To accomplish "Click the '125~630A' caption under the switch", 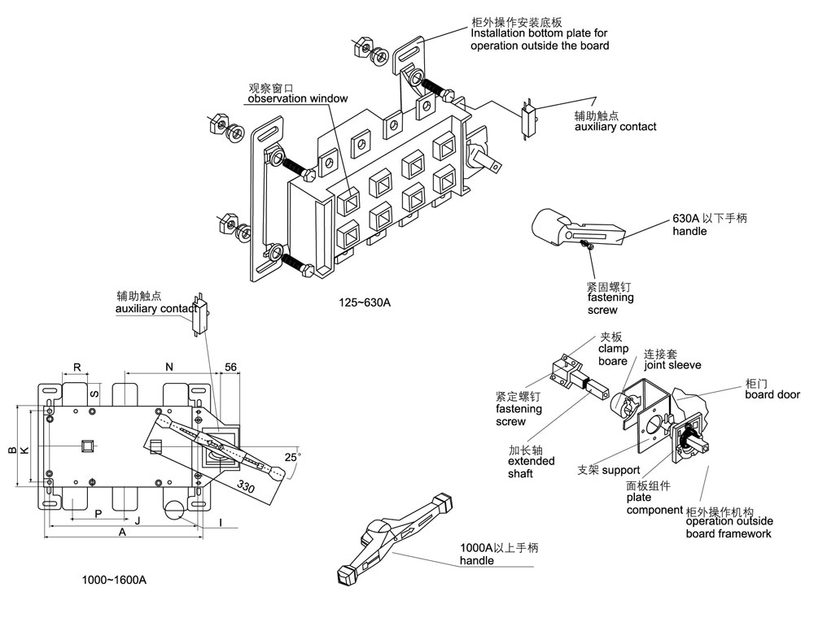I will click(365, 303).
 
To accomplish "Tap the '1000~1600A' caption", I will click(114, 580).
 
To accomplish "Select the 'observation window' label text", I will click(298, 98).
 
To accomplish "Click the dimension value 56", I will click(230, 368).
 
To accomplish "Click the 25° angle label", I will click(291, 457).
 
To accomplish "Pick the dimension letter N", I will click(169, 368).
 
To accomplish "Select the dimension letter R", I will click(77, 368).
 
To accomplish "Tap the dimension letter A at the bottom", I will click(122, 534).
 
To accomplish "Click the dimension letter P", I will click(98, 514).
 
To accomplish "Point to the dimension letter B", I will click(11, 449).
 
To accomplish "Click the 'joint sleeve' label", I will click(672, 365).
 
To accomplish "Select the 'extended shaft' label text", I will click(532, 467).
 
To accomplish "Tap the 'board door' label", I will click(772, 394).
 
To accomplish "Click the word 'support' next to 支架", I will click(620, 470).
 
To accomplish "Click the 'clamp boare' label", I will click(613, 354).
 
